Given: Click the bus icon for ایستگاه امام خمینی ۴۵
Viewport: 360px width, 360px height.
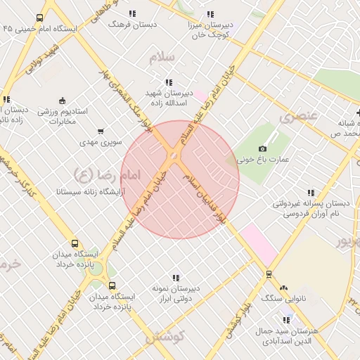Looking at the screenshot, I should [39, 18].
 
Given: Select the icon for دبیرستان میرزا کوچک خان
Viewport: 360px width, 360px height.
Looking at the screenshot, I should [210, 14].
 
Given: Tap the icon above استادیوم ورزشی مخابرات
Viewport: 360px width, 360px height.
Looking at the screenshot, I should [63, 100].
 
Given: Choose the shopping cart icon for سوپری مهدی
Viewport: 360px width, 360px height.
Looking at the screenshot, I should [101, 131].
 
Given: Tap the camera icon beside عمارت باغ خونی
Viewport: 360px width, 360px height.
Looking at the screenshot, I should [263, 148].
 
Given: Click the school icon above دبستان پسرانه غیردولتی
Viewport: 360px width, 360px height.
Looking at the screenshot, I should [310, 192].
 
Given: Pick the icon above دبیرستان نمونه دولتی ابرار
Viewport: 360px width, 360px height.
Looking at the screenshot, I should [175, 278].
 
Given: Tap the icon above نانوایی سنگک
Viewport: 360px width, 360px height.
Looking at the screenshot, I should [284, 288].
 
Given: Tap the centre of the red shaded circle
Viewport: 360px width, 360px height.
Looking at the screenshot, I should [180, 179].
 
